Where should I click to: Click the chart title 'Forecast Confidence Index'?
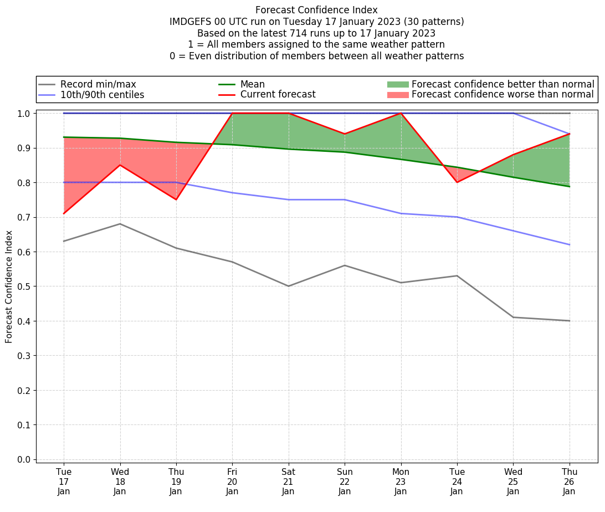point(316,10)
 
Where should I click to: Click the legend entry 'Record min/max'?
point(98,84)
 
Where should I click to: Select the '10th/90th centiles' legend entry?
point(102,95)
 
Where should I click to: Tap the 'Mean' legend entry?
point(252,84)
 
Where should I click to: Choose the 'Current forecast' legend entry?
point(278,95)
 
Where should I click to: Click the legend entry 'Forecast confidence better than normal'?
point(503,84)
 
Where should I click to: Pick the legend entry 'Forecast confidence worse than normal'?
point(503,95)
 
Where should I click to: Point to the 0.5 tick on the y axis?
point(24,286)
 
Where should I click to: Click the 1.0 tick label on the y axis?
point(24,114)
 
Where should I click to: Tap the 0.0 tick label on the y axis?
point(24,459)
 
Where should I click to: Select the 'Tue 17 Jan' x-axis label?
point(64,482)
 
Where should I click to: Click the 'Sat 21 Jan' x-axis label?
point(288,482)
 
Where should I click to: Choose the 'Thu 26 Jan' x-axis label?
point(569,482)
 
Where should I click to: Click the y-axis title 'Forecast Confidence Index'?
point(9,286)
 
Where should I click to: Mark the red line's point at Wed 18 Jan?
point(120,165)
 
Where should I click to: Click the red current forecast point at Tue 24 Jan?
point(457,182)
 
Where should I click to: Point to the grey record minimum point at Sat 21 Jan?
point(288,286)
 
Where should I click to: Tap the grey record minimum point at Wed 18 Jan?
point(120,224)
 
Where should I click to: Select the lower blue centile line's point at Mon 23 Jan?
point(401,213)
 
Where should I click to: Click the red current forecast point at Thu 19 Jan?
point(176,199)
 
